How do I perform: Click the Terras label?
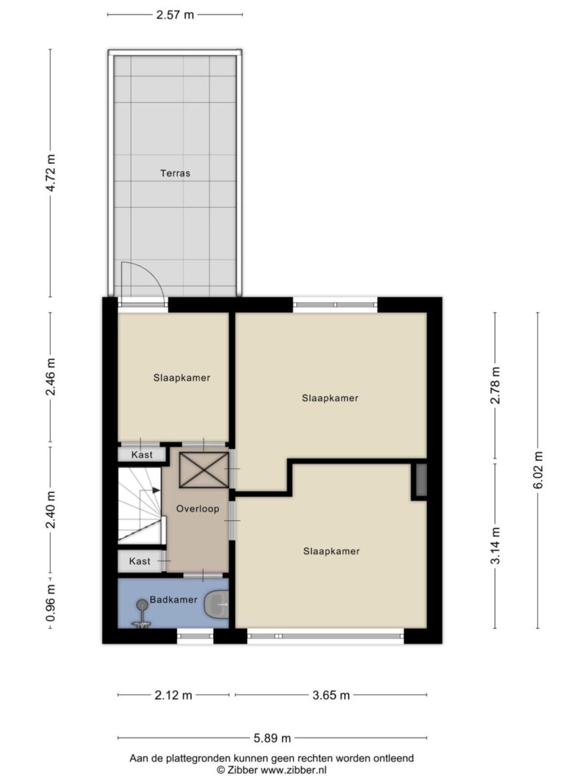click(176, 174)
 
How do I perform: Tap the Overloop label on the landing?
click(197, 509)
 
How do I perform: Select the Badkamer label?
click(173, 600)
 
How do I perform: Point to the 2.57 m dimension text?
click(176, 15)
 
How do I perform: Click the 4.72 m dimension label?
click(51, 173)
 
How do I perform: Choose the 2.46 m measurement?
click(51, 378)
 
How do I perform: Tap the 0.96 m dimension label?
click(51, 603)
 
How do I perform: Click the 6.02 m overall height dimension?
click(538, 470)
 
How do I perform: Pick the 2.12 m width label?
click(173, 695)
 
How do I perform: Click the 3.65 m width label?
click(330, 695)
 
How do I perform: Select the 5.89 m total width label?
click(272, 738)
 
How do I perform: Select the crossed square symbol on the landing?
click(204, 470)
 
